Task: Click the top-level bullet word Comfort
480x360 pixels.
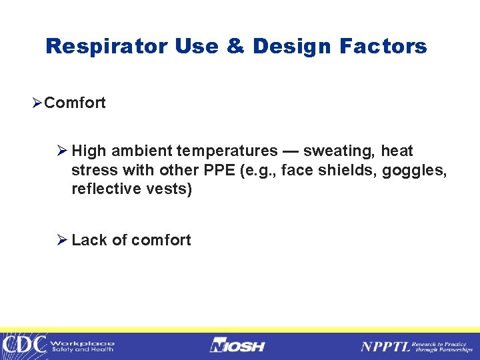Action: click(x=75, y=103)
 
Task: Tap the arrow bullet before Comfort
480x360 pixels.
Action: click(x=37, y=103)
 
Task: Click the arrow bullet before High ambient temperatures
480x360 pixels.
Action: click(x=63, y=151)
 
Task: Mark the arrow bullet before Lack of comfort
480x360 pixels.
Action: click(x=63, y=240)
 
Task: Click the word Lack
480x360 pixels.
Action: click(x=88, y=240)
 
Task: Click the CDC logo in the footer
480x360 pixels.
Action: click(x=24, y=345)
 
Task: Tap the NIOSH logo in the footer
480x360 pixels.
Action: click(x=237, y=345)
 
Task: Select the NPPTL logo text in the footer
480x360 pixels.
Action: click(x=385, y=346)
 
